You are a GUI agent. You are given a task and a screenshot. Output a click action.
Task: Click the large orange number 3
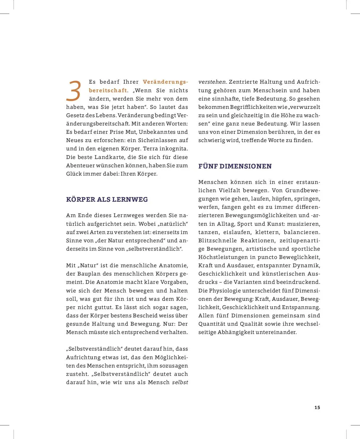pyautogui.click(x=73, y=91)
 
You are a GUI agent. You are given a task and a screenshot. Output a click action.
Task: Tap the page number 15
pyautogui.click(x=317, y=407)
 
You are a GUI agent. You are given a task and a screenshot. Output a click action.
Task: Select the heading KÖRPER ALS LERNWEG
pyautogui.click(x=107, y=199)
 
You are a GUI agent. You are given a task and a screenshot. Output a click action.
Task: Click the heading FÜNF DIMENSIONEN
pyautogui.click(x=235, y=166)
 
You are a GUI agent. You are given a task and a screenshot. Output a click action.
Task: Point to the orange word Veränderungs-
pyautogui.click(x=165, y=82)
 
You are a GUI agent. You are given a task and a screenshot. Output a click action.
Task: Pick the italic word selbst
pyautogui.click(x=180, y=382)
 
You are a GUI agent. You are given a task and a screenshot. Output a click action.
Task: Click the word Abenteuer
pyautogui.click(x=80, y=165)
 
